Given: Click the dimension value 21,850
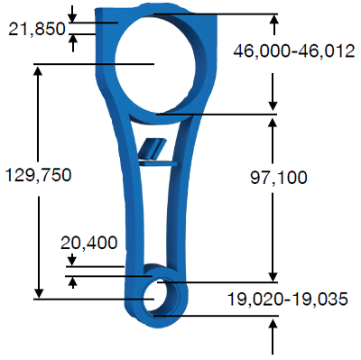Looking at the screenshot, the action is tap(37, 29).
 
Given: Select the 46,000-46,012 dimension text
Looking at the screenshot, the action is tap(294, 51).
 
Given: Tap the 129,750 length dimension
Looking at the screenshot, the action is tap(39, 175).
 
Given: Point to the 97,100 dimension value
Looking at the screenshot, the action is tap(279, 178).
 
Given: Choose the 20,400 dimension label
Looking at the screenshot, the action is tap(88, 243).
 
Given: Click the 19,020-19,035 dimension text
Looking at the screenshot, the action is tap(288, 299).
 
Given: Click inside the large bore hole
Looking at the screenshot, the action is tap(156, 64).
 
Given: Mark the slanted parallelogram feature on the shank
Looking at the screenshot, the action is tap(153, 148).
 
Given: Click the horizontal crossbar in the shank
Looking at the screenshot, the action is tap(158, 163).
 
